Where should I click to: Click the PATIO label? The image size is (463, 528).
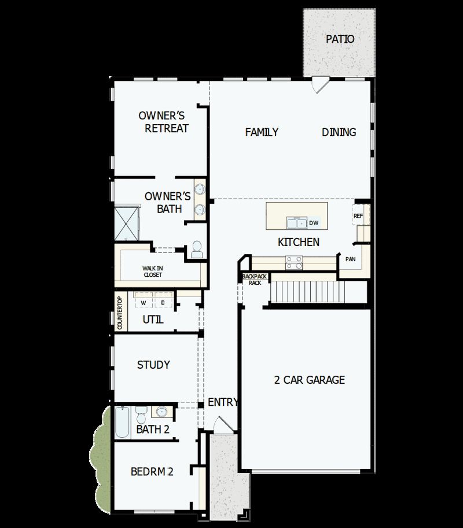point(340,39)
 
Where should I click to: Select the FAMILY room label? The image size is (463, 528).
point(262,133)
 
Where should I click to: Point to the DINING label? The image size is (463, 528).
point(339,133)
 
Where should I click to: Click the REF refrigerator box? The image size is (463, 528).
point(358,215)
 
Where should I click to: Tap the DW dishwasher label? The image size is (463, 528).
point(314,223)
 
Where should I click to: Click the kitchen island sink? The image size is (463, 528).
point(297,223)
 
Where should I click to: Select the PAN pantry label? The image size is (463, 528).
point(350,259)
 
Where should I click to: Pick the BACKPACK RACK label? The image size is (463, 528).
point(255,280)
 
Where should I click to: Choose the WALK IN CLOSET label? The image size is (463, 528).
point(153,272)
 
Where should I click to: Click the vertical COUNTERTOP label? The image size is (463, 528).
point(120,313)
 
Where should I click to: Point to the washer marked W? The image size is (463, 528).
point(143,302)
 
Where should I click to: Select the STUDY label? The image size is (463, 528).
point(153,365)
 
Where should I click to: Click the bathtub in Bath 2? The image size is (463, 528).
point(122,423)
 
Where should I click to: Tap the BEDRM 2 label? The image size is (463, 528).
point(152,471)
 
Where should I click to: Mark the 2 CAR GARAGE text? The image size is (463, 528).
point(309,380)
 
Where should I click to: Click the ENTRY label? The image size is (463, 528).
point(223,402)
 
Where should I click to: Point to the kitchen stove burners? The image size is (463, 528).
point(294,262)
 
